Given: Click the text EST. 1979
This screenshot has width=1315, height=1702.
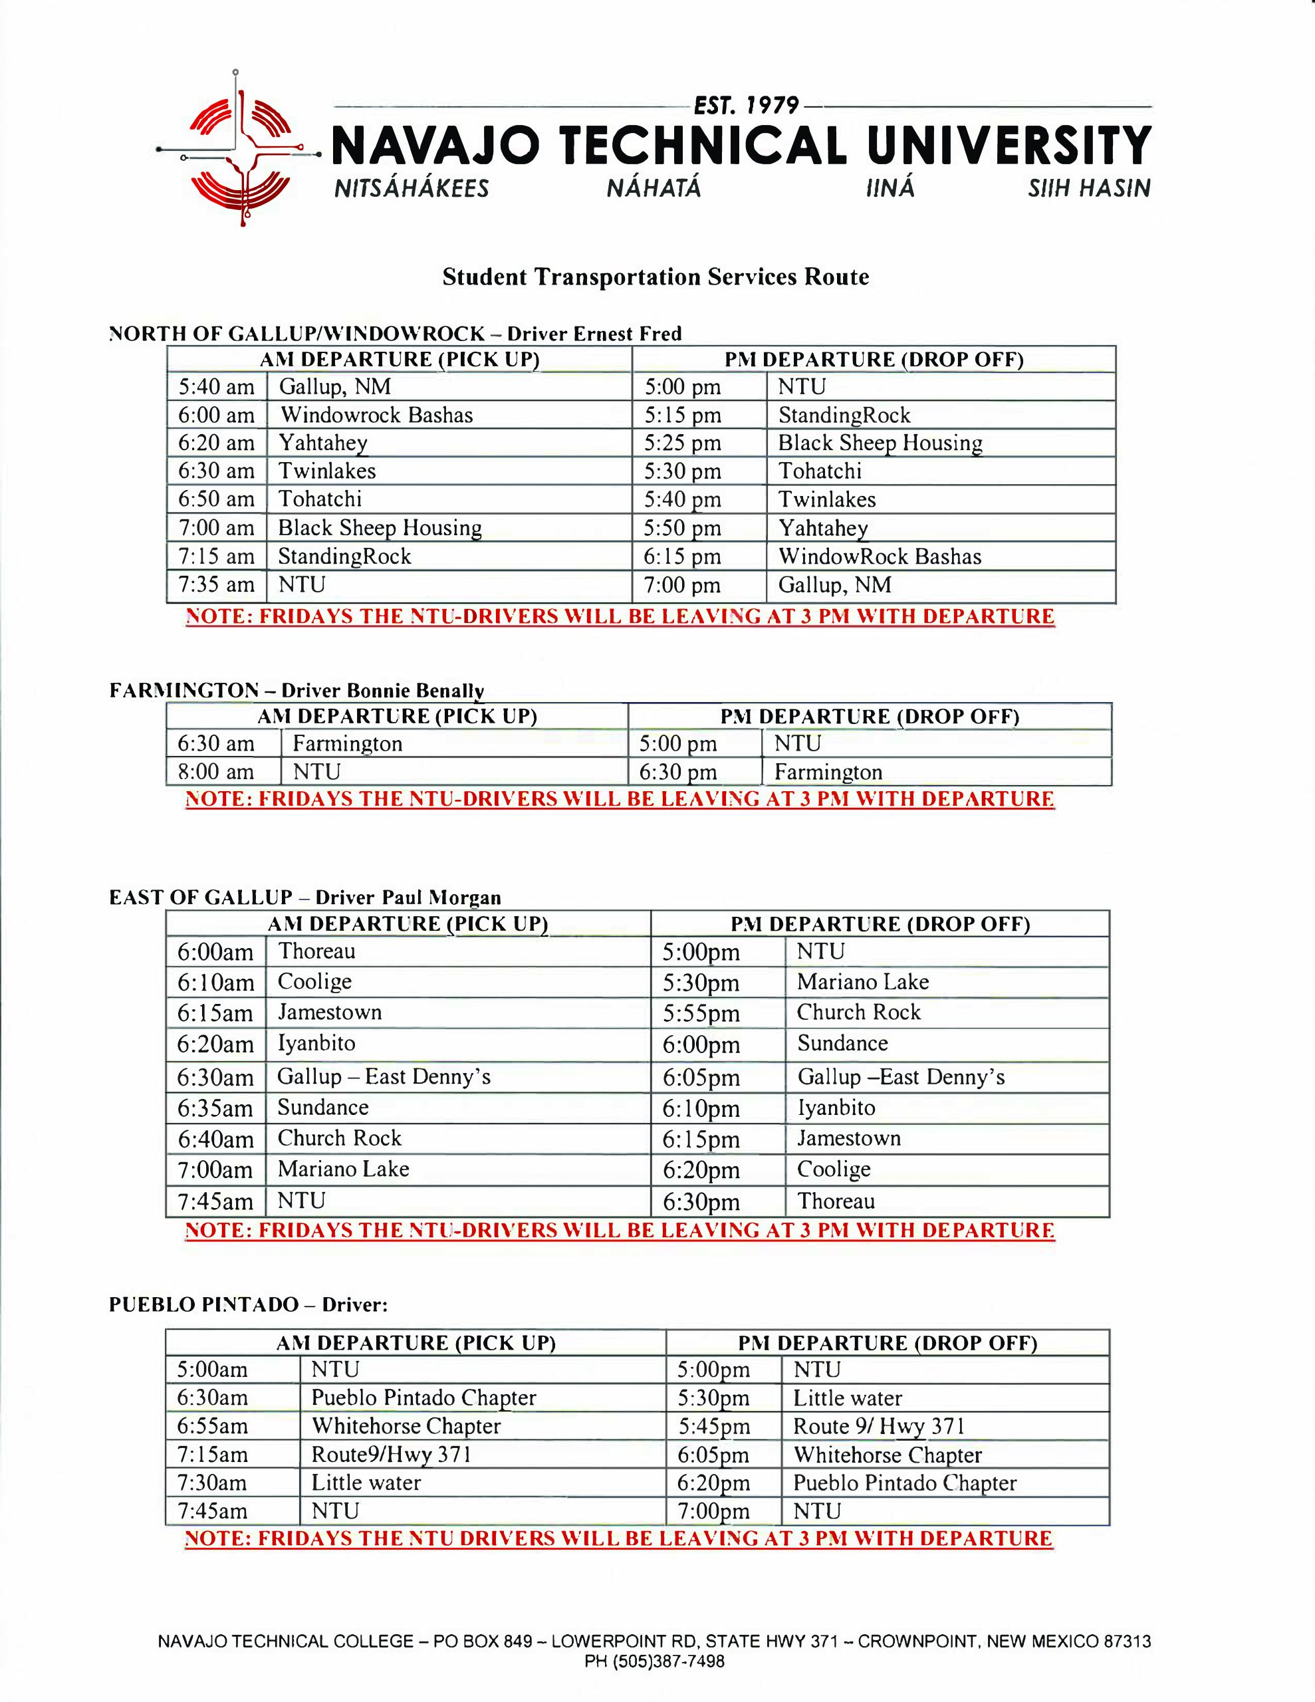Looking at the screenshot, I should coord(746,106).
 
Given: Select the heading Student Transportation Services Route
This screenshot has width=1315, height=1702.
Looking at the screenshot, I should coord(656,277).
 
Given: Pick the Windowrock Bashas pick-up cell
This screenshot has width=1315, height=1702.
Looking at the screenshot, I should coord(376,416).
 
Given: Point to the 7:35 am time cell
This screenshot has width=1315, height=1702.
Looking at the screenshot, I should coord(217,584).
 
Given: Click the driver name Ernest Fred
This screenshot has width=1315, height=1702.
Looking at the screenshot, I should coord(627,334).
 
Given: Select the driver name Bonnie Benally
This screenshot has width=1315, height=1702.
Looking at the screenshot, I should coord(416,691).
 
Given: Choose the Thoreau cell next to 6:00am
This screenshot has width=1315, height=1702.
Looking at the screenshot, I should coord(317,951).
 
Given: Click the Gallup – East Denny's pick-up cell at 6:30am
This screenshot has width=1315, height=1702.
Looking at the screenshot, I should coord(384,1077).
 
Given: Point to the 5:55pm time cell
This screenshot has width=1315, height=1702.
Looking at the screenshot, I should coord(701,1014).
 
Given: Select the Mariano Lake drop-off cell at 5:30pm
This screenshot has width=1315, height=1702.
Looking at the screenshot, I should coord(862,982).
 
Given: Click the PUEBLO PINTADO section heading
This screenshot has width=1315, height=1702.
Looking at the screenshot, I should coord(203,1304).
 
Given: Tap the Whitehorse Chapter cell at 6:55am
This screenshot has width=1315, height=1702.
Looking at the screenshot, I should coord(406,1426).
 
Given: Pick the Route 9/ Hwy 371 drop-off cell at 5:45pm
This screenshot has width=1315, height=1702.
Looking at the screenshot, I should coord(880,1426).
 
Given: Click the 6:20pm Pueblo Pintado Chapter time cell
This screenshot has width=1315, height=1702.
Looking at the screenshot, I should coord(713,1483).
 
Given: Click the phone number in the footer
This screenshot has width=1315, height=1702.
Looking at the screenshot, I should coord(655,1661).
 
